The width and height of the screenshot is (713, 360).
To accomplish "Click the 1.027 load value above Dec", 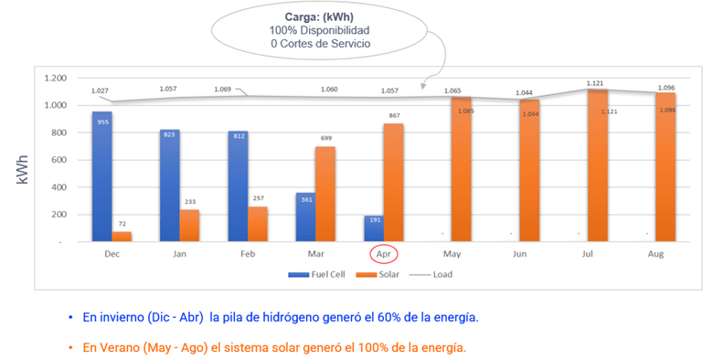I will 100,90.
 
